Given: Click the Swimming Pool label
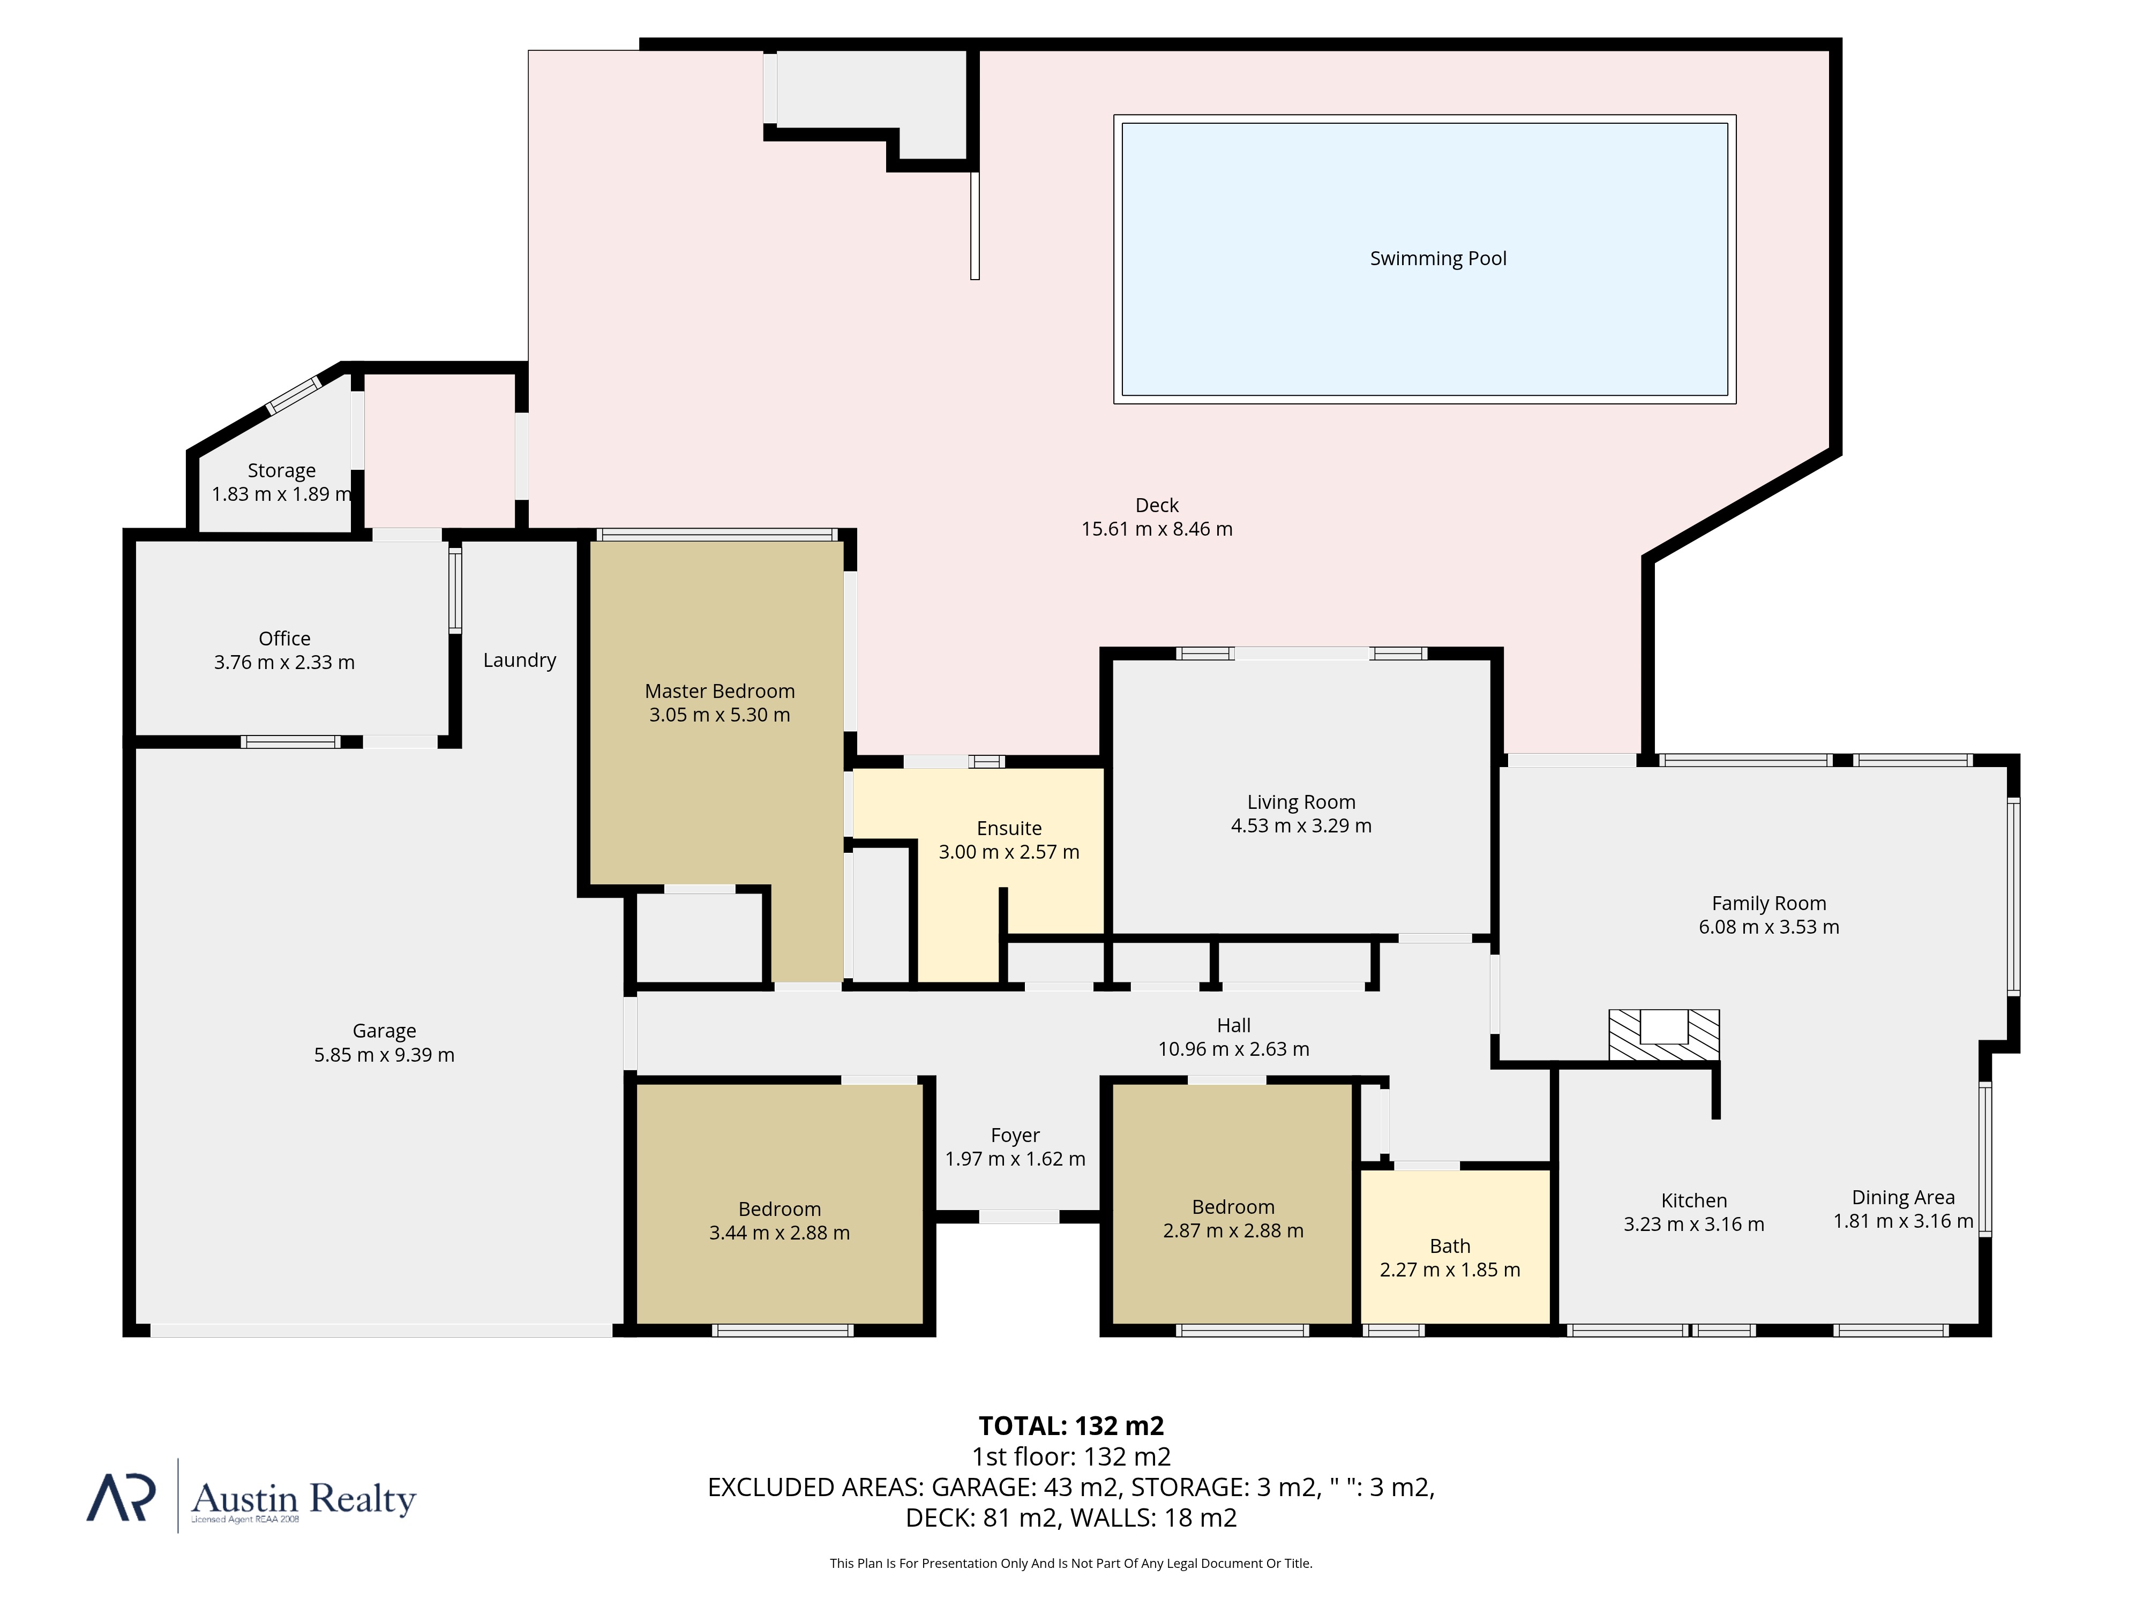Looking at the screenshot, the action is (x=1438, y=259).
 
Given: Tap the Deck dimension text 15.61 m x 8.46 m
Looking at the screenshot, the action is (x=1157, y=529).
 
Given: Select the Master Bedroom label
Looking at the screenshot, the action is (x=720, y=690).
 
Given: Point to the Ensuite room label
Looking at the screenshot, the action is (x=1008, y=828).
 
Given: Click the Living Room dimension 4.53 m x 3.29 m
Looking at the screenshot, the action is (x=1301, y=825).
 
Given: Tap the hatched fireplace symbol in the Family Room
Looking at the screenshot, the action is (x=1664, y=1034).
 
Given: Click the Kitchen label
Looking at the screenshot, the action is (x=1694, y=1200).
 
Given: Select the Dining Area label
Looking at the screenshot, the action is (x=1903, y=1197).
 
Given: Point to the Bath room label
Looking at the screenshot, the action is (x=1449, y=1245).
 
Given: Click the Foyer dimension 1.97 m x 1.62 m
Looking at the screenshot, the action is (x=1015, y=1159).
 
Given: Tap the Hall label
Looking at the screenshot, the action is (x=1233, y=1025).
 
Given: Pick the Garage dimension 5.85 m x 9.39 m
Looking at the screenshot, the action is (x=384, y=1055).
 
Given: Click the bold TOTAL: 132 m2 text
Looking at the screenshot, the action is (x=1070, y=1426).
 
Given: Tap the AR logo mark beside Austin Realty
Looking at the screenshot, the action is (x=121, y=1498).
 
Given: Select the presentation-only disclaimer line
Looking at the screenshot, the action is (x=1070, y=1564).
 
